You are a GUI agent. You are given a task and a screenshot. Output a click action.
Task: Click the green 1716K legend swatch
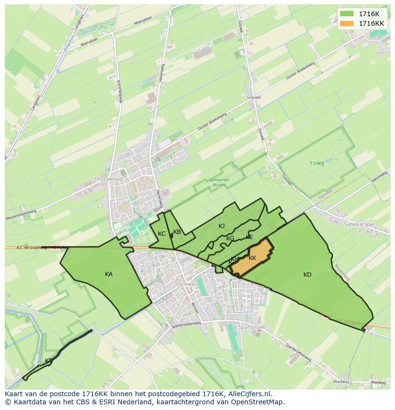(347, 14)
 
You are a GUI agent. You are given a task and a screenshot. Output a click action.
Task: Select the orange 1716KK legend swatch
(347, 23)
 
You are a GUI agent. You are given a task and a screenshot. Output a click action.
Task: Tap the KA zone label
(109, 274)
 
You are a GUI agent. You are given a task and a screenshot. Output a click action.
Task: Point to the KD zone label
(307, 275)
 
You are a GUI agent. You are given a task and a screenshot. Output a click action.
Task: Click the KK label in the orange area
(252, 258)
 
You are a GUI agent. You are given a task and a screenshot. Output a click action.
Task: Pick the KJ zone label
(221, 226)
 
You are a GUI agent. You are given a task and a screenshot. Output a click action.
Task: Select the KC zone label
(162, 234)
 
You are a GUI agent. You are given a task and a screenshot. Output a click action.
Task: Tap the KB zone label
(177, 232)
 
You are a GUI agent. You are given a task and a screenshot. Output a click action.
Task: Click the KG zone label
(230, 239)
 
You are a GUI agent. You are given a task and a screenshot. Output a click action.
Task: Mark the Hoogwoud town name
(108, 179)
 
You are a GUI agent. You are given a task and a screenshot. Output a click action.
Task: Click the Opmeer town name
(186, 284)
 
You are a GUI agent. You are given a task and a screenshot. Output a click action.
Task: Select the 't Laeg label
(317, 163)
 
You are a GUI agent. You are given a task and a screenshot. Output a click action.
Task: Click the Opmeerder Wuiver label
(220, 181)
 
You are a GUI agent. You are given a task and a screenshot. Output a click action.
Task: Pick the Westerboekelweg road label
(21, 215)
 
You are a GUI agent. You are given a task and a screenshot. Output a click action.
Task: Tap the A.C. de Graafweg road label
(22, 248)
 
